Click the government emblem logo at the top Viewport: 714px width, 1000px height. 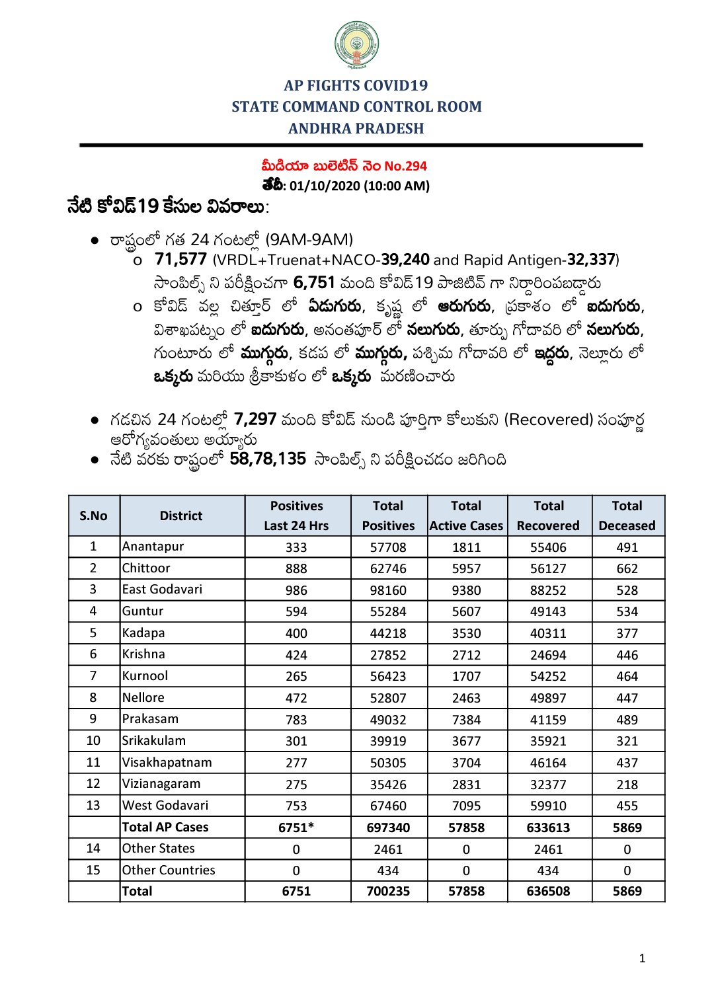356,45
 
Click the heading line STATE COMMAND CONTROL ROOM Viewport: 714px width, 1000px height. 356,107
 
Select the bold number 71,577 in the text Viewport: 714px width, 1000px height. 181,260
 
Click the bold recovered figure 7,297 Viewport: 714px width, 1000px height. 255,419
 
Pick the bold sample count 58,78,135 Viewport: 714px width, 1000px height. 268,459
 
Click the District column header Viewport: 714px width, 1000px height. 181,516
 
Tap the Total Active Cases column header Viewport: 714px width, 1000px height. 466,516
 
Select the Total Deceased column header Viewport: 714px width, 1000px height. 627,516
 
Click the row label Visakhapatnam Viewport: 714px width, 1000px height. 167,762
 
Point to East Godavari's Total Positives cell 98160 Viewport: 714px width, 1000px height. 388,590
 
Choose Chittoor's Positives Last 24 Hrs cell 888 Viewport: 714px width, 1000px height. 296,568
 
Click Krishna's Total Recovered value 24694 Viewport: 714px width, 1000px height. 548,655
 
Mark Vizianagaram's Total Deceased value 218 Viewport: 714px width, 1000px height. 627,785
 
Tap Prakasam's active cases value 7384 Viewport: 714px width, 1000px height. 466,720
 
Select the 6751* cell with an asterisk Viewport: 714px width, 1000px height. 296,827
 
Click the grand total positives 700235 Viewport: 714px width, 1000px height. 388,891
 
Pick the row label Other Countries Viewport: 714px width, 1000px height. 169,870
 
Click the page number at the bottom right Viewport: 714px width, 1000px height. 642,958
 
